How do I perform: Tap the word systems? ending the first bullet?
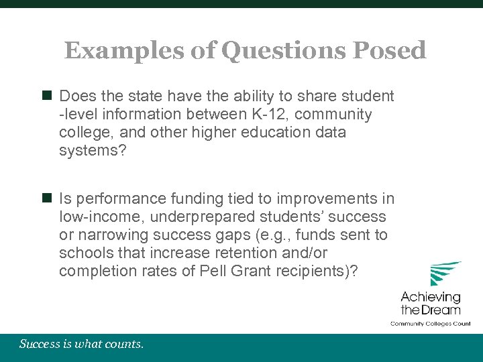pos(88,150)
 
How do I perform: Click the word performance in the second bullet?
pos(113,199)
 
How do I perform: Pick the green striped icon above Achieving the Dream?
pos(445,274)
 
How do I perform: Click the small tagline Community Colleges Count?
pos(431,323)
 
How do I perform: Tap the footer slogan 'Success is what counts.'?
pos(81,345)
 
